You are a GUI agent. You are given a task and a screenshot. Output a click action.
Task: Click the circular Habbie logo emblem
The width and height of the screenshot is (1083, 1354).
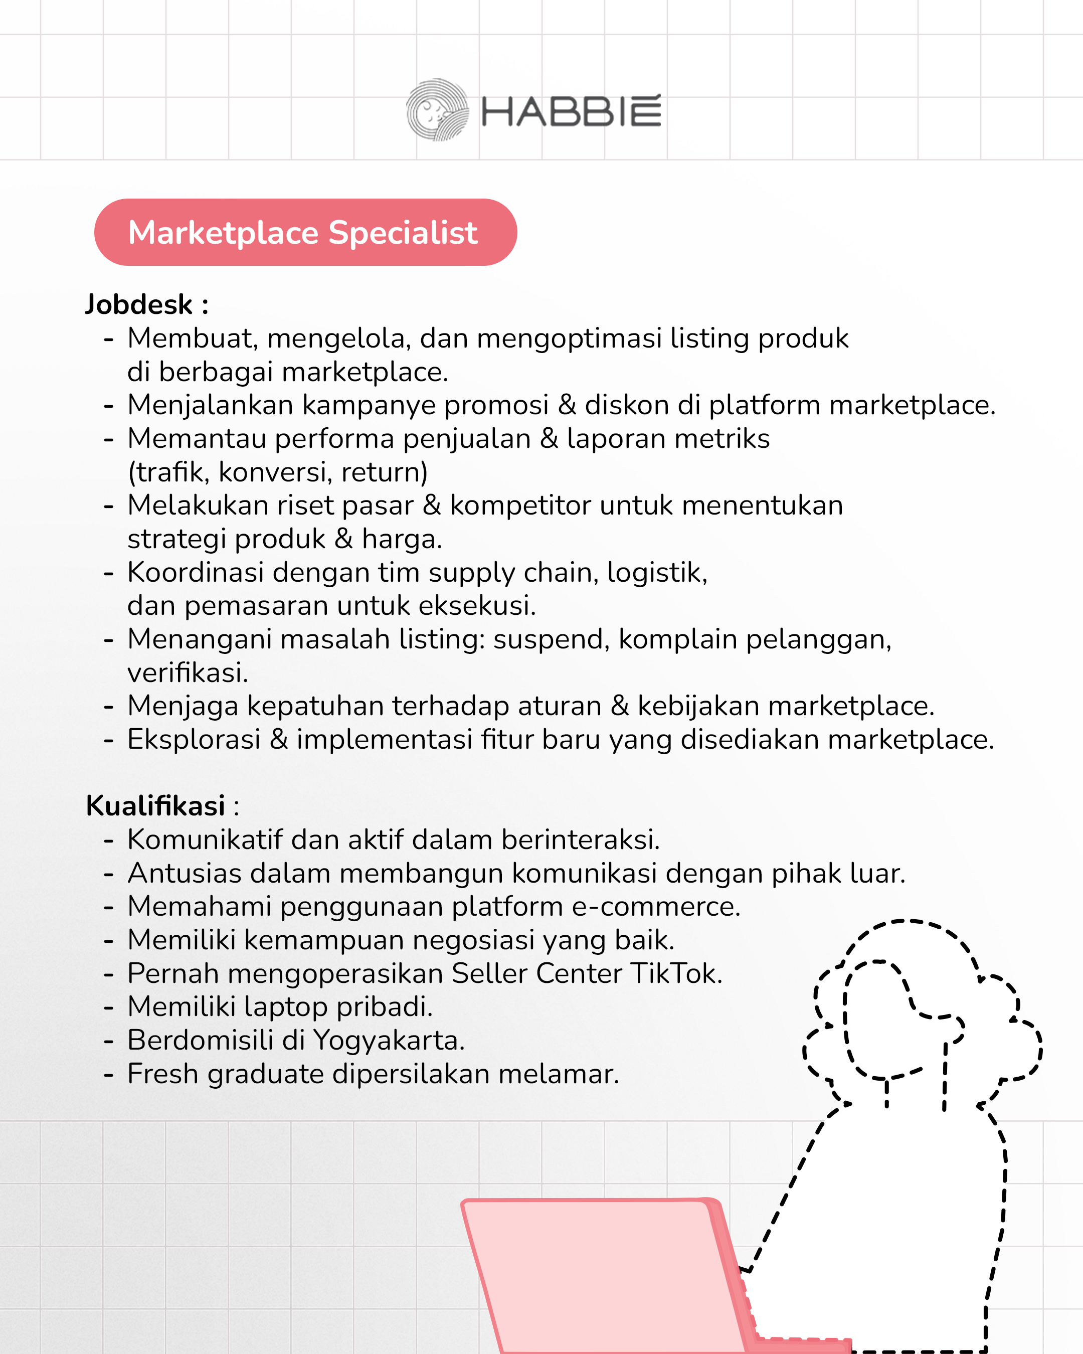tap(437, 110)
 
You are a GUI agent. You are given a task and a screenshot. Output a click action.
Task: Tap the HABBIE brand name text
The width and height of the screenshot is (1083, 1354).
tap(571, 112)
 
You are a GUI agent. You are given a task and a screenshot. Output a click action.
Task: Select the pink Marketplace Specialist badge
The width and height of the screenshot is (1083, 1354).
tap(305, 232)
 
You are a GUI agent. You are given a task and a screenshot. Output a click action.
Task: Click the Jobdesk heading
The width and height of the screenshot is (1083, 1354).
tap(146, 304)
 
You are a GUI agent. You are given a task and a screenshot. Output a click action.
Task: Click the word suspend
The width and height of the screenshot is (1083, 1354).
tap(551, 639)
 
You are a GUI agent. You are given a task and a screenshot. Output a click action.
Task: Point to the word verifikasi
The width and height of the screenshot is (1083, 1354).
tap(188, 672)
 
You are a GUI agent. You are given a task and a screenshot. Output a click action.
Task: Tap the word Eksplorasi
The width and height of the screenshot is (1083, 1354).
tap(194, 740)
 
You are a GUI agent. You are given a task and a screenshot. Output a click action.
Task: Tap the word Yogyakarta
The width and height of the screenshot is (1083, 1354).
tap(389, 1041)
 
